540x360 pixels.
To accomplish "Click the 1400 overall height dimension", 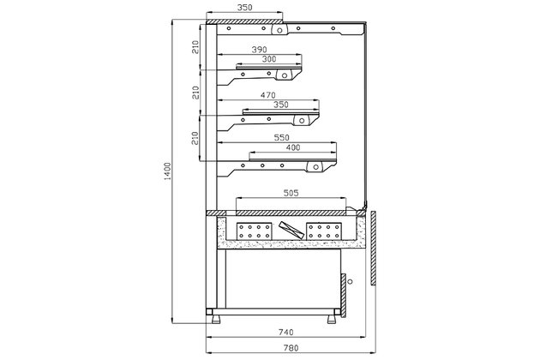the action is (167, 171).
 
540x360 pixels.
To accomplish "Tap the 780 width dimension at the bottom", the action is (291, 348).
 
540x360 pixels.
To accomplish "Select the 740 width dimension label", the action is (285, 332).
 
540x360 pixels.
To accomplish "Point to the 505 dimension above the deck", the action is (291, 193).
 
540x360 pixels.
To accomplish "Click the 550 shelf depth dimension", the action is (281, 137).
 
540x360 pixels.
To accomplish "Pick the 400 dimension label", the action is (293, 147).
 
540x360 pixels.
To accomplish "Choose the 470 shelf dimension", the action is (268, 95).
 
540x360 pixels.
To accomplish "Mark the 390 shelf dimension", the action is (259, 50).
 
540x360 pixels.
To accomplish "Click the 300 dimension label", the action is (269, 59).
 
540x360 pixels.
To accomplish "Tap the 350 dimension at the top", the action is (244, 7).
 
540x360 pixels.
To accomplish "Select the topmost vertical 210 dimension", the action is (195, 47).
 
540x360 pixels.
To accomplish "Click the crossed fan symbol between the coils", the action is (291, 230).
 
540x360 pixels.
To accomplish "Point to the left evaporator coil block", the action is (255, 231).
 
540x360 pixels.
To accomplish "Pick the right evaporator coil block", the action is (324, 231).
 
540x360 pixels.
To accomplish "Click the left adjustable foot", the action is (217, 319).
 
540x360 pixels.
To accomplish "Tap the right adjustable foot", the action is (332, 319).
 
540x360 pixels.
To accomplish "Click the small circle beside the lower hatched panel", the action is (351, 281).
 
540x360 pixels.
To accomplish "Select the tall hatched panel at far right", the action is (374, 248).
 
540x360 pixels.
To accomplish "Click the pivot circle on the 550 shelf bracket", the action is (315, 167).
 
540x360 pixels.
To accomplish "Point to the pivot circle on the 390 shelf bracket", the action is (284, 75).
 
